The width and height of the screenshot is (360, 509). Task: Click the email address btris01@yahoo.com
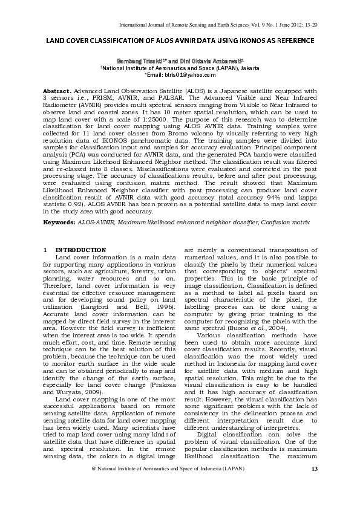pos(182,75)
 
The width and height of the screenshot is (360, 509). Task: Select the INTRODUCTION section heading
pos(80,250)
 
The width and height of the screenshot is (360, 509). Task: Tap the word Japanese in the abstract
pos(262,90)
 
